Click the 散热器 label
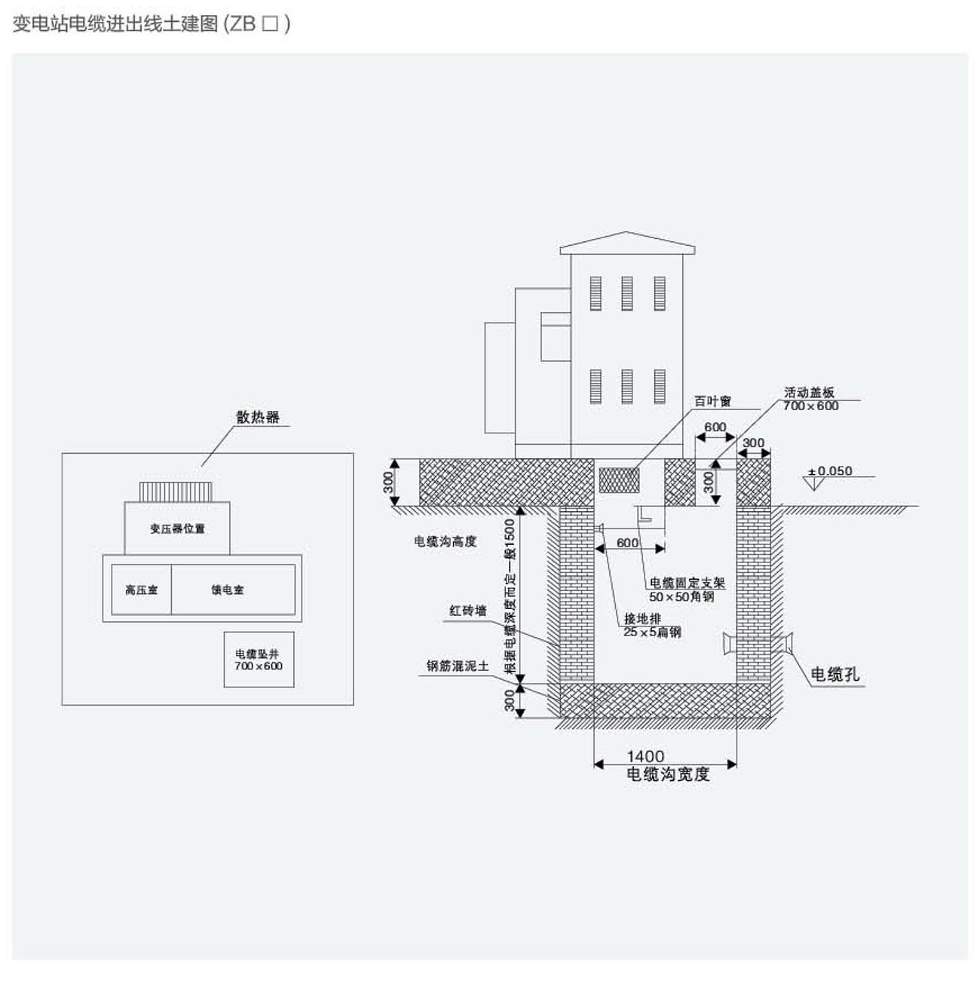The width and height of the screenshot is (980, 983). click(x=258, y=417)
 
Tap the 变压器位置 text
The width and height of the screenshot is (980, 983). click(x=177, y=528)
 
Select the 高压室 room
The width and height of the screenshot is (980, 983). click(x=141, y=589)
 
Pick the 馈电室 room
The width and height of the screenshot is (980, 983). click(x=227, y=589)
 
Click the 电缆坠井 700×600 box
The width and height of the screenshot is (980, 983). click(x=259, y=660)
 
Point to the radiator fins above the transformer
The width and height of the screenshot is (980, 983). click(x=176, y=491)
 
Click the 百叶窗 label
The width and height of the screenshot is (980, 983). click(x=712, y=402)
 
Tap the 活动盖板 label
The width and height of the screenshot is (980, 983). click(x=809, y=392)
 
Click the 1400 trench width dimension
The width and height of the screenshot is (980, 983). click(x=645, y=756)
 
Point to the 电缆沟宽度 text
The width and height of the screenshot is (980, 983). click(x=668, y=774)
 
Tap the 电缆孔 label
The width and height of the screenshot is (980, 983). click(x=835, y=674)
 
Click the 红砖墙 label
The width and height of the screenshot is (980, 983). click(x=467, y=611)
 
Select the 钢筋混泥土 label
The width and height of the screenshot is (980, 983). click(x=458, y=666)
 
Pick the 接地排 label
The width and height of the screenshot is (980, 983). click(x=642, y=619)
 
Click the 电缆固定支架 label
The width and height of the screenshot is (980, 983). click(x=687, y=583)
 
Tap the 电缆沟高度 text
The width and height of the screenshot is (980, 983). click(x=445, y=540)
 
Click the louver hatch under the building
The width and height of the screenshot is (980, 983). click(x=619, y=479)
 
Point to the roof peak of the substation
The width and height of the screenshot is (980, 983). click(x=626, y=233)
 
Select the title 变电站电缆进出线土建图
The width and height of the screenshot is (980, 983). click(x=115, y=24)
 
